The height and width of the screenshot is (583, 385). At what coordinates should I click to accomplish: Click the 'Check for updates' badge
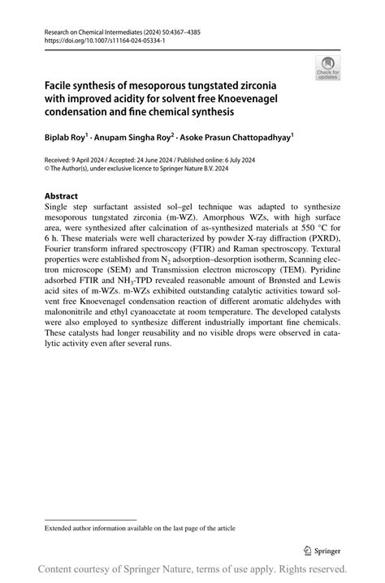[328, 68]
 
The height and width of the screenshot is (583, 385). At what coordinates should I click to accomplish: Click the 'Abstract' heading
[61, 196]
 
